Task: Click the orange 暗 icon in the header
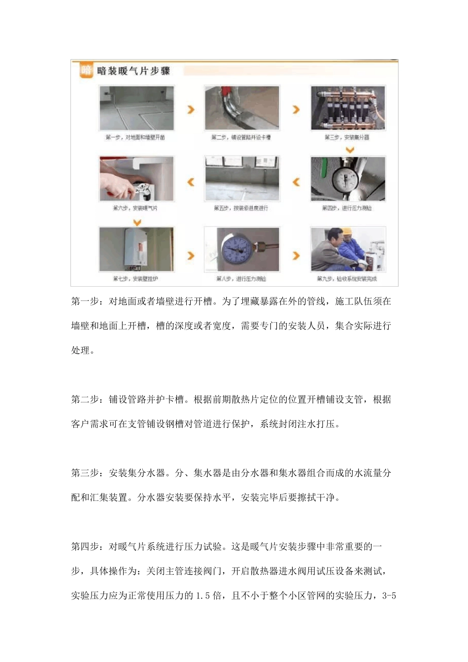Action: point(86,70)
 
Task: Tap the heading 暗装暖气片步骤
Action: point(134,71)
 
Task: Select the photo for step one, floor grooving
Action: point(136,108)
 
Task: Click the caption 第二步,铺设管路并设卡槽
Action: point(241,137)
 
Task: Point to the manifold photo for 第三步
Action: point(348,108)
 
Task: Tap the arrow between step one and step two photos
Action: point(191,109)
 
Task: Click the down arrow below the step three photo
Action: point(349,150)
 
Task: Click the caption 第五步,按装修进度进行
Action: point(241,208)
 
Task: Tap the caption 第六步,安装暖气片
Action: point(135,208)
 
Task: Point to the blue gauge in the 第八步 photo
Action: point(237,249)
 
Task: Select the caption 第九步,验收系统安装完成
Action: point(347,279)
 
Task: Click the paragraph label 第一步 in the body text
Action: point(85,301)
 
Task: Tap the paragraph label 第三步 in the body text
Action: point(85,473)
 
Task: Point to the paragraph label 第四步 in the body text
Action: point(85,546)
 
